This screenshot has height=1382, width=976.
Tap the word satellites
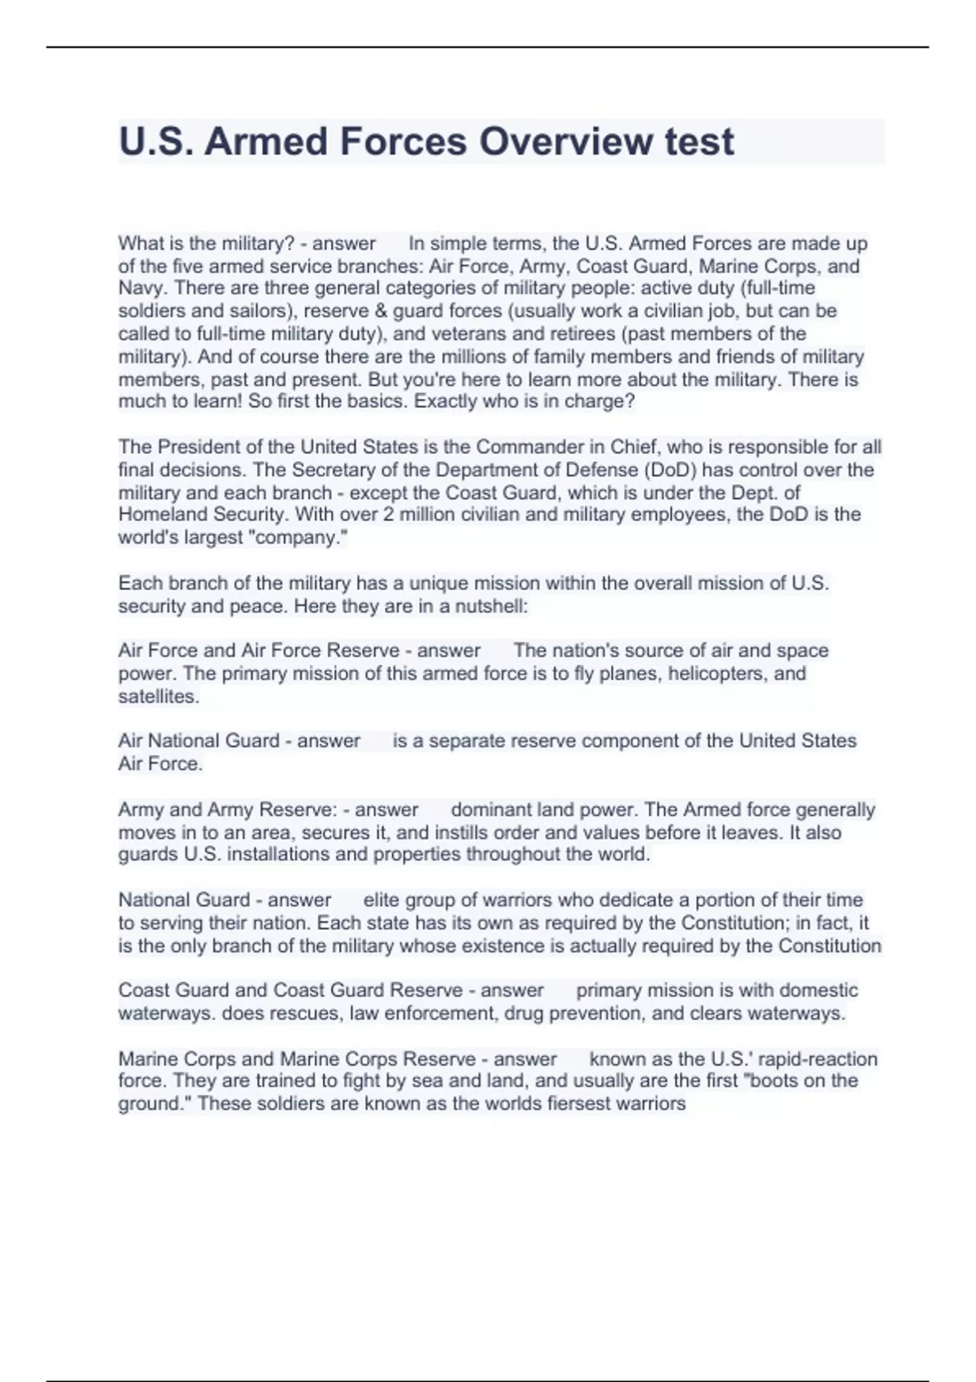(x=158, y=697)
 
